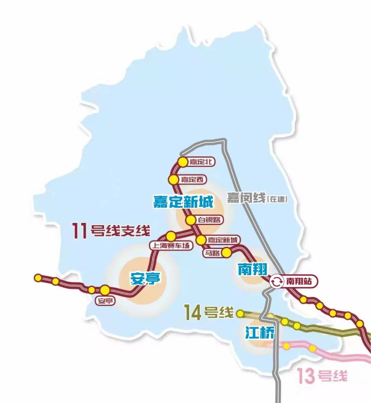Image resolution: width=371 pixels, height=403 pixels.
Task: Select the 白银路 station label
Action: point(209,220)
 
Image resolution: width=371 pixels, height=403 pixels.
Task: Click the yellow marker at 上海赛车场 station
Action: point(171,236)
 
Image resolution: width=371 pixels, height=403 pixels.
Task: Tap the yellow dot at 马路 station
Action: point(226,253)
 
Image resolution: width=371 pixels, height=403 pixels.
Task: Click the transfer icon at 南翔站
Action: point(276,282)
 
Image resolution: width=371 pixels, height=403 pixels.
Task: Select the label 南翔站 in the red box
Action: point(299,282)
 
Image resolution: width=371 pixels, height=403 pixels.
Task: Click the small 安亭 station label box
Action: point(105,301)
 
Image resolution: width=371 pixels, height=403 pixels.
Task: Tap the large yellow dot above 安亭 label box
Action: point(105,290)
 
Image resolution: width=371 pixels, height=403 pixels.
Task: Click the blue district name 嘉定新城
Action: point(183,202)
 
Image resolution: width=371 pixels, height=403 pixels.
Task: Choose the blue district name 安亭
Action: point(145,278)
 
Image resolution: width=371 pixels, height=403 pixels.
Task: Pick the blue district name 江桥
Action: point(260,332)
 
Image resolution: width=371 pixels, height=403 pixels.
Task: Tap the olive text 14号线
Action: point(209,313)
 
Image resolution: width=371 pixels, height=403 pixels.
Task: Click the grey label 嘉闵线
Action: point(246,198)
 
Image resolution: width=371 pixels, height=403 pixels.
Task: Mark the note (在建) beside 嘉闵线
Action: point(277,199)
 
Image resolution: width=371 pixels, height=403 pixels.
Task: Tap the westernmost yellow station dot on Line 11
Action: point(38,278)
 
